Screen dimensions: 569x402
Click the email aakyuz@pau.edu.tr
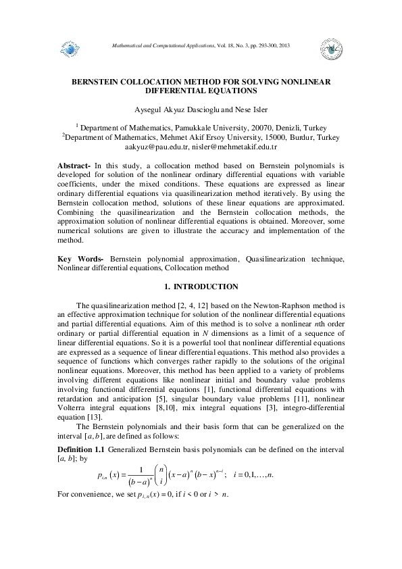[155, 145]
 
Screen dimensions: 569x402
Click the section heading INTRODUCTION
[205, 286]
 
